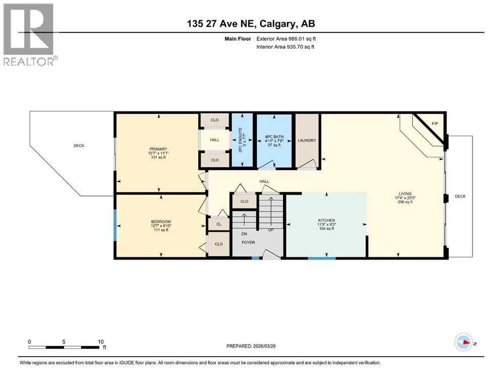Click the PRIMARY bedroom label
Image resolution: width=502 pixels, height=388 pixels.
click(158, 149)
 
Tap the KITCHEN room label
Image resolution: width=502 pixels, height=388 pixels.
click(327, 220)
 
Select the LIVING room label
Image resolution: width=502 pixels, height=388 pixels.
click(405, 193)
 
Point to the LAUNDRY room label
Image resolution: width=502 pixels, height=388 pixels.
click(307, 140)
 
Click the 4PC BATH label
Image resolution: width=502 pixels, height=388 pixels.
click(275, 136)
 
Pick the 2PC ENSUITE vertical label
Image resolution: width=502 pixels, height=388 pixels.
click(241, 140)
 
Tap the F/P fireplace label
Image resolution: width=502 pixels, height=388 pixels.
click(434, 123)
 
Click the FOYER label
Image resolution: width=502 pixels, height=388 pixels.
click(248, 243)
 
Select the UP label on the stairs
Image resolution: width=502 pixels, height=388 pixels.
click(271, 230)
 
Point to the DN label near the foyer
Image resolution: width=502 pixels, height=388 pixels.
click(244, 234)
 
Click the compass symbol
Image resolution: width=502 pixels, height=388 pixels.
click(464, 342)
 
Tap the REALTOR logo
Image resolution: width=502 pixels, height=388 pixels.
click(29, 34)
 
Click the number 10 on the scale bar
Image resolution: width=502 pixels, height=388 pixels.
click(101, 342)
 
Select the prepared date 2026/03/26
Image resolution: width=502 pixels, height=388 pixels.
click(264, 346)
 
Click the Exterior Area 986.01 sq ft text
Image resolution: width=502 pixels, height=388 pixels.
click(286, 39)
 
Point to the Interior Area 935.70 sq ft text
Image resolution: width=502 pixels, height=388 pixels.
click(285, 46)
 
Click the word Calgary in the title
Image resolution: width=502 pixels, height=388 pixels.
click(278, 24)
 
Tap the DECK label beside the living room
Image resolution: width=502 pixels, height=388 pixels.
click(461, 197)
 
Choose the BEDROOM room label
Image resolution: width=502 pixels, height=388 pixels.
click(161, 222)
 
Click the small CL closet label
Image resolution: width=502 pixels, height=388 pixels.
click(219, 224)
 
